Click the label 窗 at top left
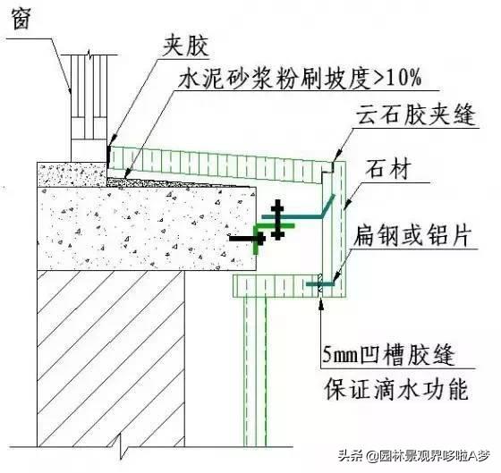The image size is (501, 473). (x=21, y=18)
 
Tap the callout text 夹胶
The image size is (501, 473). (x=186, y=46)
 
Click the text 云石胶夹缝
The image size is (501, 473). (x=416, y=114)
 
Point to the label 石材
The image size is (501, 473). (x=386, y=169)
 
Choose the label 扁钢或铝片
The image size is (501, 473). (x=412, y=235)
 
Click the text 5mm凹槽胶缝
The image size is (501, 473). (x=388, y=354)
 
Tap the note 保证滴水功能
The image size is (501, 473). (x=396, y=389)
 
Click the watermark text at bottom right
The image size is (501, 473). (x=414, y=455)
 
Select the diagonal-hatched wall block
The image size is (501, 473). (x=111, y=359)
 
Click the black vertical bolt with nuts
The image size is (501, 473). (x=277, y=219)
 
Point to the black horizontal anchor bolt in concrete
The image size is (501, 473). (x=247, y=238)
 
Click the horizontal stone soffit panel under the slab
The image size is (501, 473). (x=277, y=286)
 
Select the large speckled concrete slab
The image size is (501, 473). (x=147, y=228)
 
